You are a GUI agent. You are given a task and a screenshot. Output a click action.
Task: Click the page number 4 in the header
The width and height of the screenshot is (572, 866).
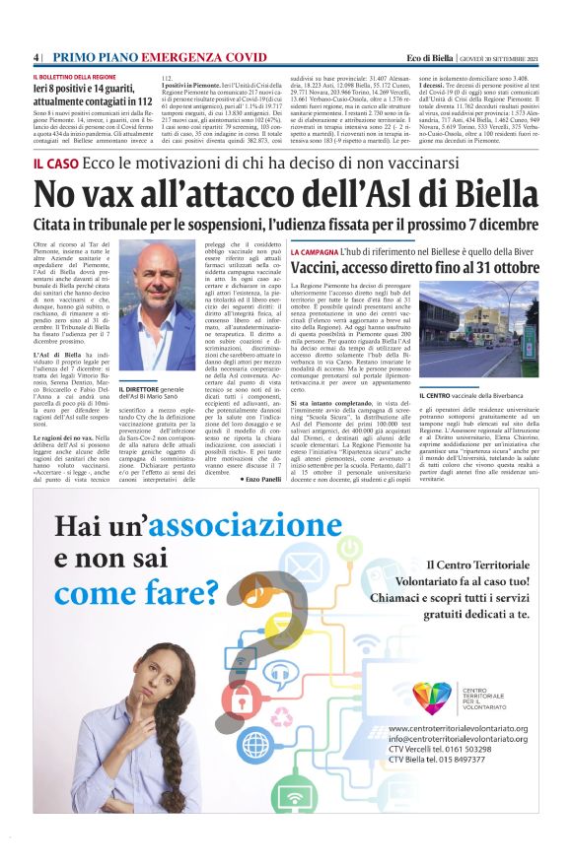(36, 58)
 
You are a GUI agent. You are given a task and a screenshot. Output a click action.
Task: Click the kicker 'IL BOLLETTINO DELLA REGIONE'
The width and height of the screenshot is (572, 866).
(75, 76)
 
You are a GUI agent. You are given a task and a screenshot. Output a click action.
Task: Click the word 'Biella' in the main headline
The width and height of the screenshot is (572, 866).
(482, 198)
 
